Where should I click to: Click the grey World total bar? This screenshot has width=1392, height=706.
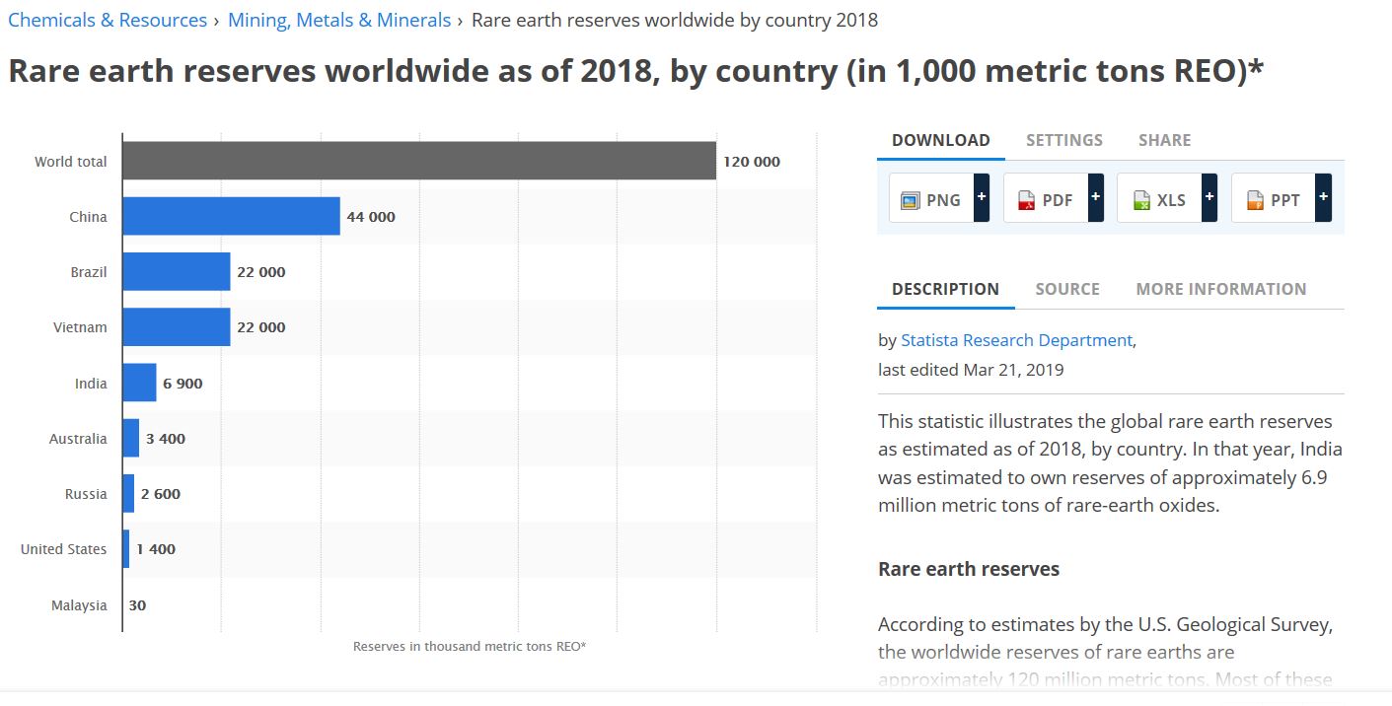[x=419, y=161]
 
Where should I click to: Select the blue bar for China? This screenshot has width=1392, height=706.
[x=231, y=216]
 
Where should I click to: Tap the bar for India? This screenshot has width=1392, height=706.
[x=139, y=383]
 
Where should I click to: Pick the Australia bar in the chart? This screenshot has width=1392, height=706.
[x=131, y=438]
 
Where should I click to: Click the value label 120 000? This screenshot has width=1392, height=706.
[x=751, y=162]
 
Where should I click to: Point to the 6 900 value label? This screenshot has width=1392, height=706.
[x=183, y=384]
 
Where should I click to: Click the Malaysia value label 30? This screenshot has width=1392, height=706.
[x=137, y=605]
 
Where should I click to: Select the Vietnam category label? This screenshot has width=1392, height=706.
[x=80, y=327]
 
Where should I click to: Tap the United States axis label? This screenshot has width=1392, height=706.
[x=63, y=549]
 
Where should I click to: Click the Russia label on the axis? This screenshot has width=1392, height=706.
[x=86, y=494]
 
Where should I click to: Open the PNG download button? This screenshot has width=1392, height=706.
[x=931, y=199]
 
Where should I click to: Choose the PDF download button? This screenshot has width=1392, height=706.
[x=1046, y=199]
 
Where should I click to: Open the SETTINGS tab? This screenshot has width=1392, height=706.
[x=1063, y=140]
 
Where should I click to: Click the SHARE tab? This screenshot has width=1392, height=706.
[x=1164, y=140]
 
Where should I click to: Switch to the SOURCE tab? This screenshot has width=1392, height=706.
[x=1066, y=289]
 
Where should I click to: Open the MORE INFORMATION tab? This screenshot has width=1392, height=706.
[x=1220, y=289]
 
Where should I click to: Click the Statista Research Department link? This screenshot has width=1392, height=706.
[x=1016, y=340]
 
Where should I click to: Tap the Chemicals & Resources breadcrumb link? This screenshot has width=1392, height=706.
[x=108, y=20]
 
